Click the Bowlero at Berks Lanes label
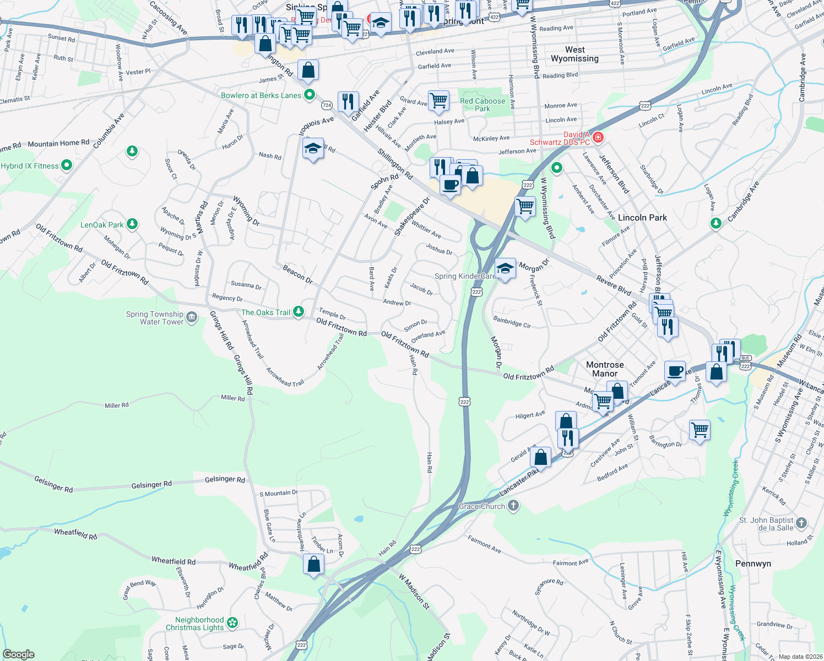coord(261,95)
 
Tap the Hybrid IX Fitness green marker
coord(67,165)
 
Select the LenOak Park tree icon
coord(132,224)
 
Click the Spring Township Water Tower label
coord(155,318)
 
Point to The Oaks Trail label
coord(265,312)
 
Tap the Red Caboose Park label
coord(482,105)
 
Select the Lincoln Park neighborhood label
coord(642,218)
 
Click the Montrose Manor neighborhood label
coord(605,369)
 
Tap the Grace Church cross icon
coord(513,506)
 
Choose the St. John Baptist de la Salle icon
coord(801,523)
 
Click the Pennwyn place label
coord(753,564)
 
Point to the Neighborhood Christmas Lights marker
coord(232,623)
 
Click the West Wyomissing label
coord(574,54)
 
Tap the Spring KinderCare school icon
coord(505,268)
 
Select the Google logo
coord(18,654)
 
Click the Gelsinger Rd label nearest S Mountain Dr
coord(225,479)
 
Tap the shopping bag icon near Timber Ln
coord(313,564)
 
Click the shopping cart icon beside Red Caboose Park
coord(438,101)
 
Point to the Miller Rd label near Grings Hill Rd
coord(232,398)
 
